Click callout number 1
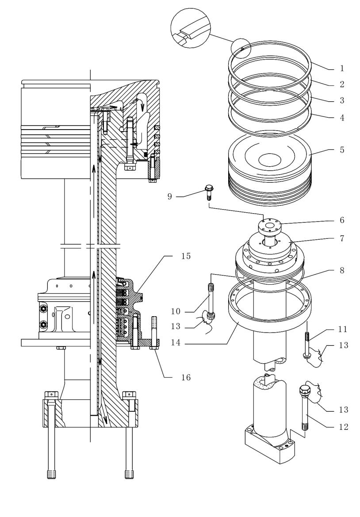342,68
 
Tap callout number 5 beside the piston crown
342,149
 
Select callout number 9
169,196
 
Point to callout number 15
186,256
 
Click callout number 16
186,377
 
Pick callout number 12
344,427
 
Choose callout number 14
176,343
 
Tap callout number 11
342,329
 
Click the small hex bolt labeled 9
208,192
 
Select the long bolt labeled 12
305,407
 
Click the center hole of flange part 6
270,226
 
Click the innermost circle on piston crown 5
270,161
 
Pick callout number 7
342,238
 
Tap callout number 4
342,118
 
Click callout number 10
176,311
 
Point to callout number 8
342,270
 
